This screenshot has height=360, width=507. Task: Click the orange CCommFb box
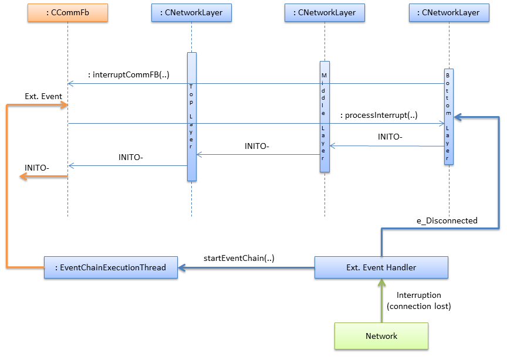click(68, 12)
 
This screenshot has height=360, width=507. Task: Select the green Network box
click(381, 336)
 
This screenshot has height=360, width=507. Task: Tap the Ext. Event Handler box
click(381, 267)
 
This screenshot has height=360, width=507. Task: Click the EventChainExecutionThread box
click(110, 267)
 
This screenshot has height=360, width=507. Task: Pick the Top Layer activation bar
click(191, 117)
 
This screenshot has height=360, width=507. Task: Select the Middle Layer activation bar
click(325, 117)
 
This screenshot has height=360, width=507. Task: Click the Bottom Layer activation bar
click(449, 117)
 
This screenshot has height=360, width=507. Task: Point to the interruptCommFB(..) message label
click(129, 74)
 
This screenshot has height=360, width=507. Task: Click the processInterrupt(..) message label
click(378, 115)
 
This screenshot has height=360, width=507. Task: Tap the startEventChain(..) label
click(239, 258)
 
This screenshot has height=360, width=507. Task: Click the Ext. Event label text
click(43, 96)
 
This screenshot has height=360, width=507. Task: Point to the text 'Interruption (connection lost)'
click(419, 300)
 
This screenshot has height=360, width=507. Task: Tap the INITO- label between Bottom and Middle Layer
click(390, 137)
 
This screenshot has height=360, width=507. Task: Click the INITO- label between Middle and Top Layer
click(256, 146)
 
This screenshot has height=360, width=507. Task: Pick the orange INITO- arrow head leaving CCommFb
click(23, 176)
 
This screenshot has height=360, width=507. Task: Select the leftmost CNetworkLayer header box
click(191, 12)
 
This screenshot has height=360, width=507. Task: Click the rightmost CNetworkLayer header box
click(448, 12)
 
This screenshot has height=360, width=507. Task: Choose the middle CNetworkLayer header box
click(325, 12)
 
